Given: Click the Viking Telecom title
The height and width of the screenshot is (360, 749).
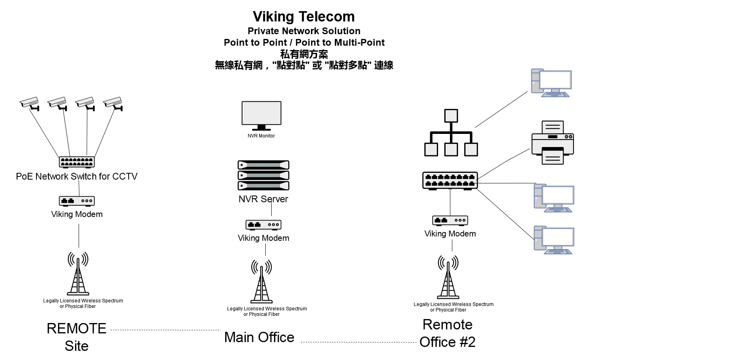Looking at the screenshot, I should click(304, 17).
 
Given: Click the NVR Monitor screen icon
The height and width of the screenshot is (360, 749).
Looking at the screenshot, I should click(261, 115).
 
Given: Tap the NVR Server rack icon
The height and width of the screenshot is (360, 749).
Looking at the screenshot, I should click(263, 175).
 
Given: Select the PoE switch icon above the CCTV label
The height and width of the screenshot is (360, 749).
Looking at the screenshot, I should click(77, 162).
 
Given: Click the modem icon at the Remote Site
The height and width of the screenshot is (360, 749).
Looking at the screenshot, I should click(77, 201).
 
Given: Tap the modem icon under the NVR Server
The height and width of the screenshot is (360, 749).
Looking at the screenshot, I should click(263, 225).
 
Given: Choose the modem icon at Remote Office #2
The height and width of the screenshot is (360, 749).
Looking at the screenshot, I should click(450, 220).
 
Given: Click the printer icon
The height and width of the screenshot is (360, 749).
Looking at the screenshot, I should click(552, 143).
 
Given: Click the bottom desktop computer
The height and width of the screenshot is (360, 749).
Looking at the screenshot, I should click(554, 240).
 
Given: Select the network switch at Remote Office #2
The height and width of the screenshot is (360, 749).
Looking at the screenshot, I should click(450, 181).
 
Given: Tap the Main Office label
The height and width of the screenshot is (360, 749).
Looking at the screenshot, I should click(259, 337).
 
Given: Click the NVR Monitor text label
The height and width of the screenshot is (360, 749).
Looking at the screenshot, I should click(261, 136).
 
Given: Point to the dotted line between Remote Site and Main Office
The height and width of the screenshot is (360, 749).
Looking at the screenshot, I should click(165, 330).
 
